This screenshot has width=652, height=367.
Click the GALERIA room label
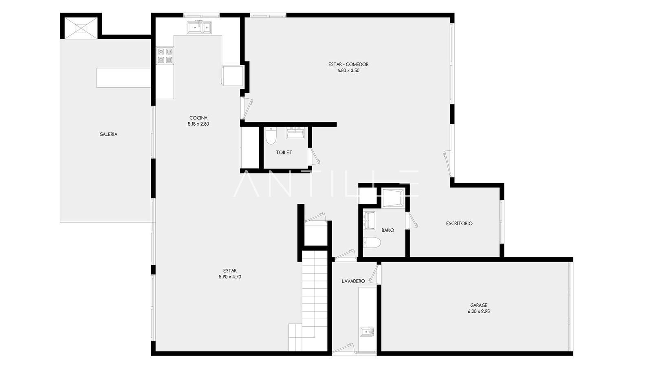(108, 134)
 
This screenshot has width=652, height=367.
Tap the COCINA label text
(198, 118)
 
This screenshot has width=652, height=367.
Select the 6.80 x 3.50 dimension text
(348, 71)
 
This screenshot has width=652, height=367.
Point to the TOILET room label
(284, 153)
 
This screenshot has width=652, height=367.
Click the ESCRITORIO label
(459, 223)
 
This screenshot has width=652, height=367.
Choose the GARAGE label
(479, 305)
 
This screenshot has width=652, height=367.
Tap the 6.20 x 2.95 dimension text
(479, 312)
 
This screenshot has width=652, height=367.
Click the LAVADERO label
(353, 281)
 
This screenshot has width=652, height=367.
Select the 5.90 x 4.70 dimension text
(230, 277)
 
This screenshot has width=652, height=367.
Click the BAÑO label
(388, 230)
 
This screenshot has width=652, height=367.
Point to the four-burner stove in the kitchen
(165, 56)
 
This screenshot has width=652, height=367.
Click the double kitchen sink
(199, 27)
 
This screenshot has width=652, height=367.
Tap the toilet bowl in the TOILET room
(271, 135)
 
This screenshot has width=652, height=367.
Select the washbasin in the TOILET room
(295, 133)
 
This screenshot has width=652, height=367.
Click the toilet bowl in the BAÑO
(372, 243)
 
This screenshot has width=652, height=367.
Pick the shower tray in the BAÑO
(394, 198)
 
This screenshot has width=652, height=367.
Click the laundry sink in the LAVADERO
(367, 332)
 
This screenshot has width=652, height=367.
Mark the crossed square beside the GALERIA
(81, 28)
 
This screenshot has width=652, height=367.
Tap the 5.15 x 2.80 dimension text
(198, 124)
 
